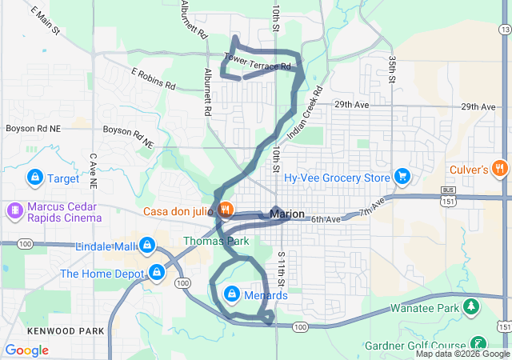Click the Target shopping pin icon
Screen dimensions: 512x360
[x=35, y=177]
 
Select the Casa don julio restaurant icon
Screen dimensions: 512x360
[x=226, y=210]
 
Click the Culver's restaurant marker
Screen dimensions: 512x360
[x=500, y=169]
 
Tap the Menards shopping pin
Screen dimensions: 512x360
[x=232, y=294]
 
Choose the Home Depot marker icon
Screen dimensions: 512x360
[x=158, y=274]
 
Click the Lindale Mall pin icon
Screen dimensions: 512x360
[x=146, y=245]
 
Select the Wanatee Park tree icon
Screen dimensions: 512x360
[x=472, y=307]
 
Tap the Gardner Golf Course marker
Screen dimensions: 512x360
[x=478, y=342]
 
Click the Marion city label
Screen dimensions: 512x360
[x=288, y=214]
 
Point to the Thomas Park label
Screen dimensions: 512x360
[x=216, y=241]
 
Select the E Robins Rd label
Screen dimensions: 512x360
[x=153, y=78]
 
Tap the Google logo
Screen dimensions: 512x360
[x=26, y=350]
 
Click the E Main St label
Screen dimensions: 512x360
[x=46, y=20]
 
